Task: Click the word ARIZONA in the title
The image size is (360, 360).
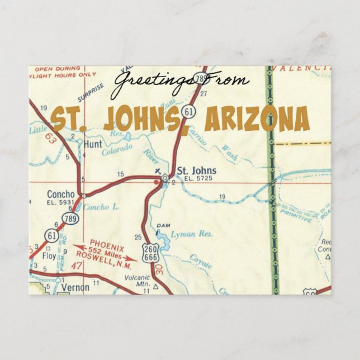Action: [x=257, y=119]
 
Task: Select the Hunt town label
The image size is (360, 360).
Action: [x=92, y=144]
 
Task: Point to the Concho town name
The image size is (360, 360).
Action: [x=61, y=195]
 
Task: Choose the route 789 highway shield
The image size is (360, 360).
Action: [x=71, y=219]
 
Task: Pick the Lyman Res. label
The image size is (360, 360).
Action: [x=192, y=234]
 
